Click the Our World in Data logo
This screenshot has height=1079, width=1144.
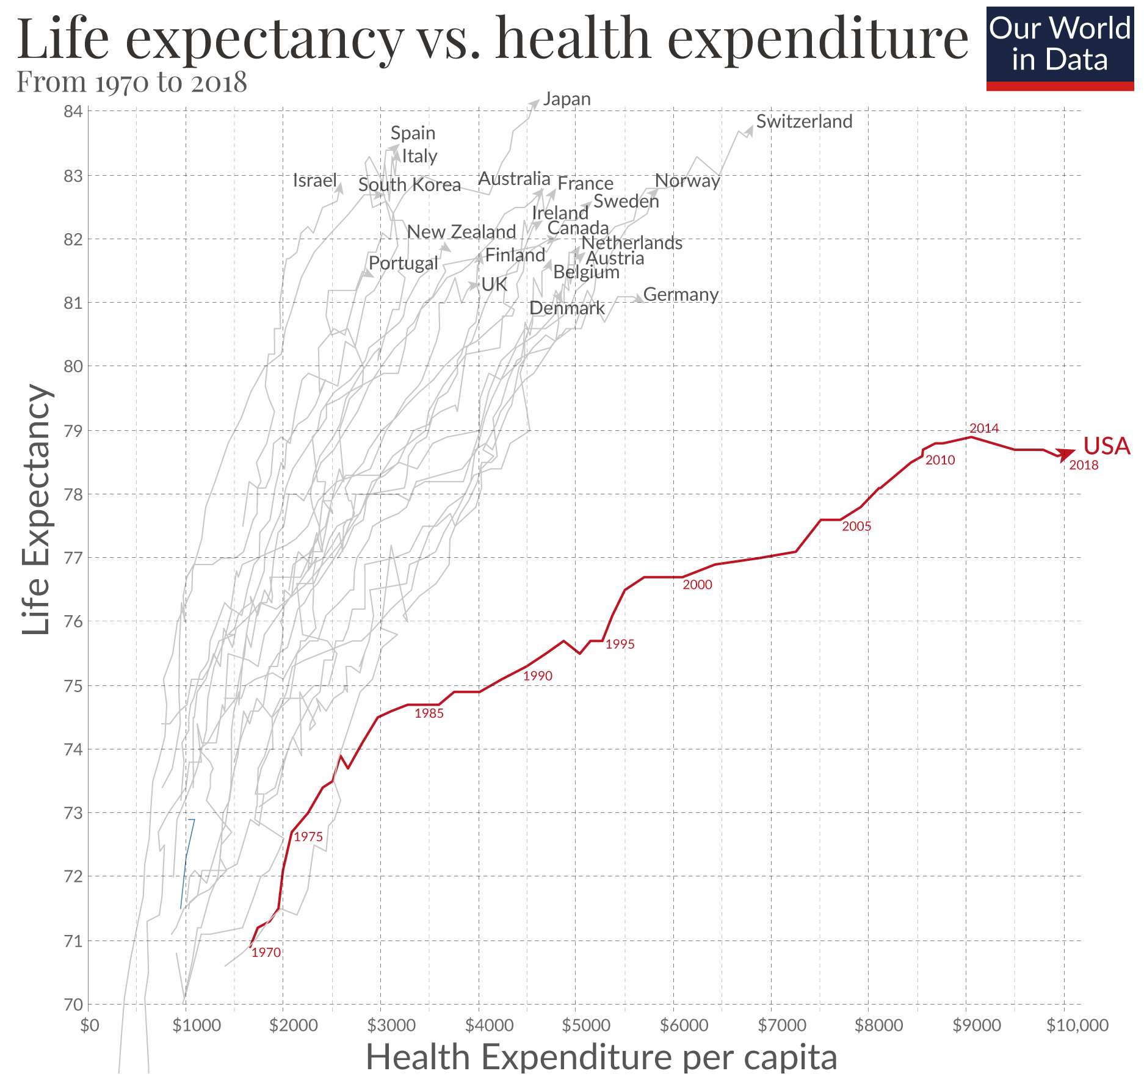[1060, 48]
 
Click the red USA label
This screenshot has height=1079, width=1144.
[1106, 446]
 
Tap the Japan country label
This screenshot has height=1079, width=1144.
[567, 99]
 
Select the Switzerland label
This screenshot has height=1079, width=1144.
[804, 121]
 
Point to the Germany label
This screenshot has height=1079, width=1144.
[681, 294]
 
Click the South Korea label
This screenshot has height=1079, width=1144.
[409, 185]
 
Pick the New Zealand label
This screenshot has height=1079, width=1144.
[462, 232]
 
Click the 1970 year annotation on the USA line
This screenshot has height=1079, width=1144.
[266, 953]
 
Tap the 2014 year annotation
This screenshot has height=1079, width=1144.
[984, 428]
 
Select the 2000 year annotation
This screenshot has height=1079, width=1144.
[697, 585]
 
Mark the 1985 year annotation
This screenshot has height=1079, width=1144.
[429, 713]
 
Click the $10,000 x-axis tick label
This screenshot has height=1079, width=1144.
[1077, 1025]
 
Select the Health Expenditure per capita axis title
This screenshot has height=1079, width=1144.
[601, 1058]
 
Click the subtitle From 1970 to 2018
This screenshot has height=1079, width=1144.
[131, 82]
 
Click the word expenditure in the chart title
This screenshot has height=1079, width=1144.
[817, 38]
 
